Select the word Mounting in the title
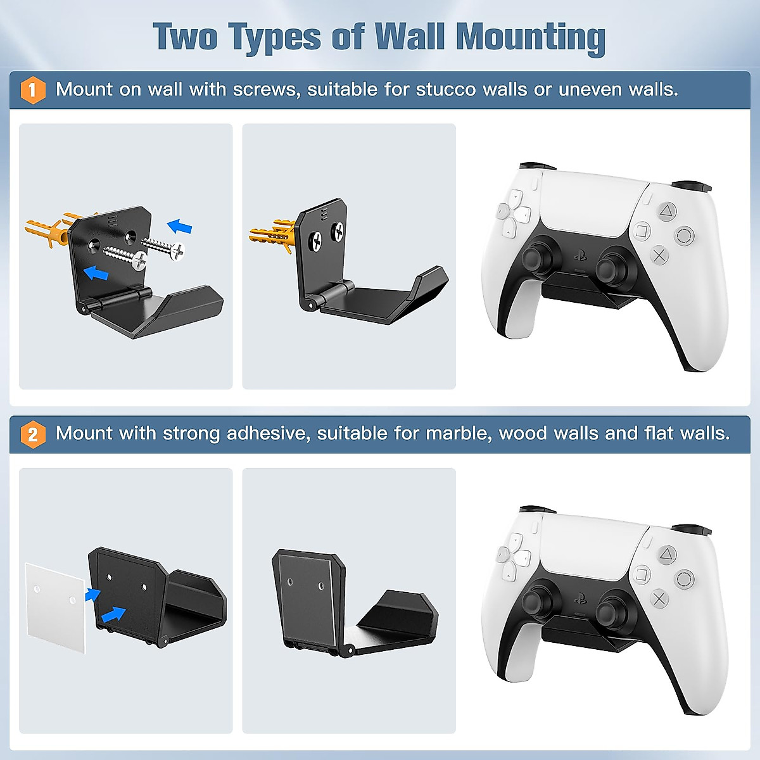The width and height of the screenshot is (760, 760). point(531,38)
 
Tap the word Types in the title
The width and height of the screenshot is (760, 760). point(275,38)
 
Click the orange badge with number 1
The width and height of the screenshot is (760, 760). point(33,90)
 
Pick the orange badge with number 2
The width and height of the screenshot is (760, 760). point(33,434)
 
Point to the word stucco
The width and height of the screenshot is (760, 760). point(446,89)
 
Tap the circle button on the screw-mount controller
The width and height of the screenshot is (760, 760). point(685,236)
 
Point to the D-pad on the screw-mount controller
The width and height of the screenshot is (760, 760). point(514,218)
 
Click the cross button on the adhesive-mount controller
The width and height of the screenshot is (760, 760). point(659,598)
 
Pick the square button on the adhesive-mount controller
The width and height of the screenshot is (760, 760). point(642,574)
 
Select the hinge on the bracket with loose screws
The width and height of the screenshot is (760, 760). point(118,298)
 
